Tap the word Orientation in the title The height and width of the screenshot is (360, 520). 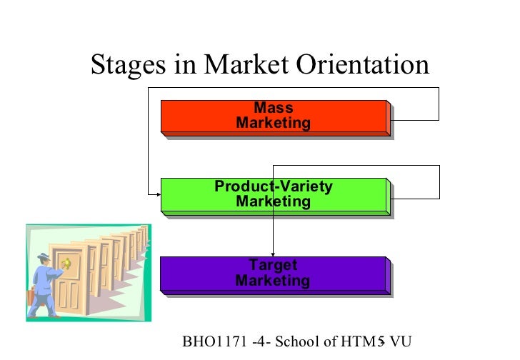click(363, 66)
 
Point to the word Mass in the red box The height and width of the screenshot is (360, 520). click(274, 109)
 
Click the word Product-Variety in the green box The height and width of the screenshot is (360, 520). click(274, 187)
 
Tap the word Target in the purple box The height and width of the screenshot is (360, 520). click(274, 266)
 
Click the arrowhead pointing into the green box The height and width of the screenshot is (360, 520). click(156, 194)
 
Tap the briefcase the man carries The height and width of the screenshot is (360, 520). click(31, 296)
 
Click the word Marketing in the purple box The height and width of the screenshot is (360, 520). click(274, 281)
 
